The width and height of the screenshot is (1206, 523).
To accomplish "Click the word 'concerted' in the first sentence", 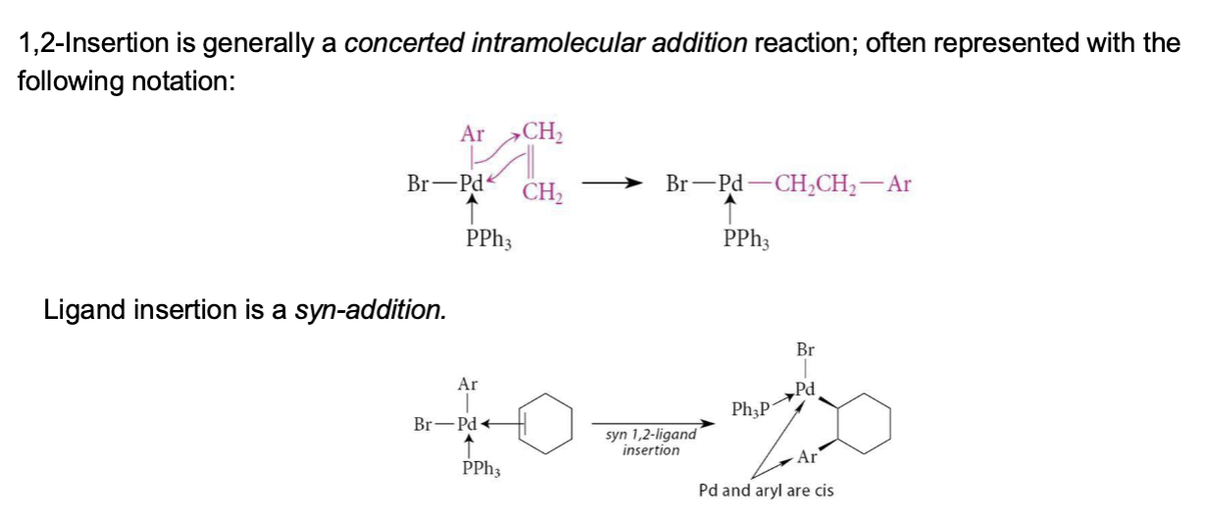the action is coord(404,43).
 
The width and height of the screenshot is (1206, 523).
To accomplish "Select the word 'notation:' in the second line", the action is coord(183,81).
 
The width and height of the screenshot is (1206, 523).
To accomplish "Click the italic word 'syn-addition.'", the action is coord(371,310).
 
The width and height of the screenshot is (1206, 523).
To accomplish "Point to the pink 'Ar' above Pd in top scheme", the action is coord(473,134).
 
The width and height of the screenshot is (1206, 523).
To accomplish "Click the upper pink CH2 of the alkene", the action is coord(543,131).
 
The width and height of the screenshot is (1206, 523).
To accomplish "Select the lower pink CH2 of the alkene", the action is coord(543,191).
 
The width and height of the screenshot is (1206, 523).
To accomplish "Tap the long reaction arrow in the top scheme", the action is coord(612,183).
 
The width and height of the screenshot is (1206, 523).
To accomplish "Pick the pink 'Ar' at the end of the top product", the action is coord(899,184).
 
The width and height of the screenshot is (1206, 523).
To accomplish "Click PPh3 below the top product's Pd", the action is coord(746,238).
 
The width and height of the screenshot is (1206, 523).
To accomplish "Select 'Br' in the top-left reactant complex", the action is coord(418,183).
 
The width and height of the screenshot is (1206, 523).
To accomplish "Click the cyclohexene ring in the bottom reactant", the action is coord(545,423).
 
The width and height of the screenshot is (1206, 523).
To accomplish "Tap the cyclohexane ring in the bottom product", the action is coord(864,423).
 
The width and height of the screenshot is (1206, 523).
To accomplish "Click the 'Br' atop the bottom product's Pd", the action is coord(805,350).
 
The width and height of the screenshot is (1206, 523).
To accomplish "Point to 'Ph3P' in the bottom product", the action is coord(750,410).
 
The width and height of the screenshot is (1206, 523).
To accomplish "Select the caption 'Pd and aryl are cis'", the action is coord(766,491).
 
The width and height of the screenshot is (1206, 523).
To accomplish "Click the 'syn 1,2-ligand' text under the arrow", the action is coord(651,434).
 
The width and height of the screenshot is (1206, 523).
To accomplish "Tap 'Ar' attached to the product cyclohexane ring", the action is coord(807,457).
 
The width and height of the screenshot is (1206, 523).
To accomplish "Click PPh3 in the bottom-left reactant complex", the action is coord(481,469).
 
